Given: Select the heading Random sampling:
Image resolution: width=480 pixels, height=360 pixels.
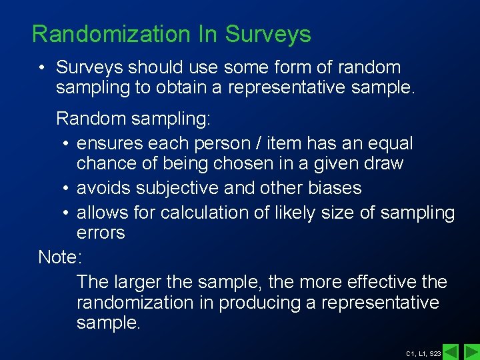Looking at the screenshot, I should (x=133, y=119).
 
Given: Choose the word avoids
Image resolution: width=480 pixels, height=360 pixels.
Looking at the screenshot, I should (x=104, y=188).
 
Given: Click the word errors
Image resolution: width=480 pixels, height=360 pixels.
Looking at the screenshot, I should (x=101, y=233).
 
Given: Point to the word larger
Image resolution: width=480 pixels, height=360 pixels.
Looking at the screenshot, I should (x=143, y=282).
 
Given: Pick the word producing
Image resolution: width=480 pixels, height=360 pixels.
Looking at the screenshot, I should (x=259, y=302).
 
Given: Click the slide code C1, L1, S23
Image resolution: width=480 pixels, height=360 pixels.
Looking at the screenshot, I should (x=423, y=353).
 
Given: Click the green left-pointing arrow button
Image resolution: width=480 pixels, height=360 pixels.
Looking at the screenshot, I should (x=451, y=351).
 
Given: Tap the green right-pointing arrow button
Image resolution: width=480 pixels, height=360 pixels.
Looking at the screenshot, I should (x=471, y=351).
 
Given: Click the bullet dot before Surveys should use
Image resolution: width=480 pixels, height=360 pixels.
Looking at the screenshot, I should (x=41, y=68).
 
